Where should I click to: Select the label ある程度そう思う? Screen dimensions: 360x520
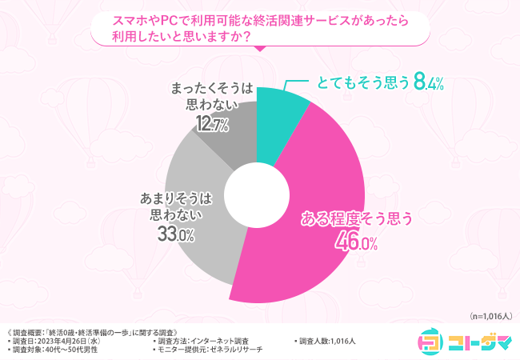pyautogui.click(x=356, y=218)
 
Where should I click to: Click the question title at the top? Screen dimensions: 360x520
pyautogui.click(x=260, y=30)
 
